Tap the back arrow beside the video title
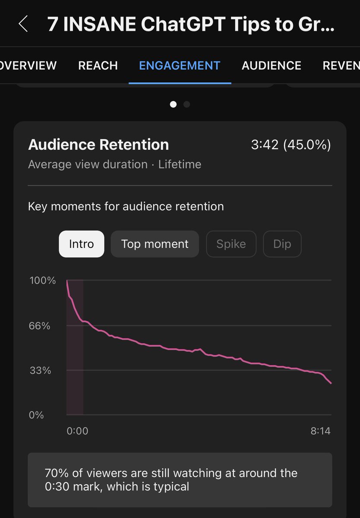23,24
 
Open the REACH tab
98,66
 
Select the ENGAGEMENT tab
180,66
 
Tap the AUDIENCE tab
271,66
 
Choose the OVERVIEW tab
28,66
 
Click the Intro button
82,244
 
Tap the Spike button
231,244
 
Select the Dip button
282,244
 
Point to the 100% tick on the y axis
43,280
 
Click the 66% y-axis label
40,326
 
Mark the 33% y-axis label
40,370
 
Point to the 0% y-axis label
36,415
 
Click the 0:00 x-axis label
77,431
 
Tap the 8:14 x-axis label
320,431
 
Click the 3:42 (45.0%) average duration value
291,145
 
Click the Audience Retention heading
98,145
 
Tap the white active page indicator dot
173,104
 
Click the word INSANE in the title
99,24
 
